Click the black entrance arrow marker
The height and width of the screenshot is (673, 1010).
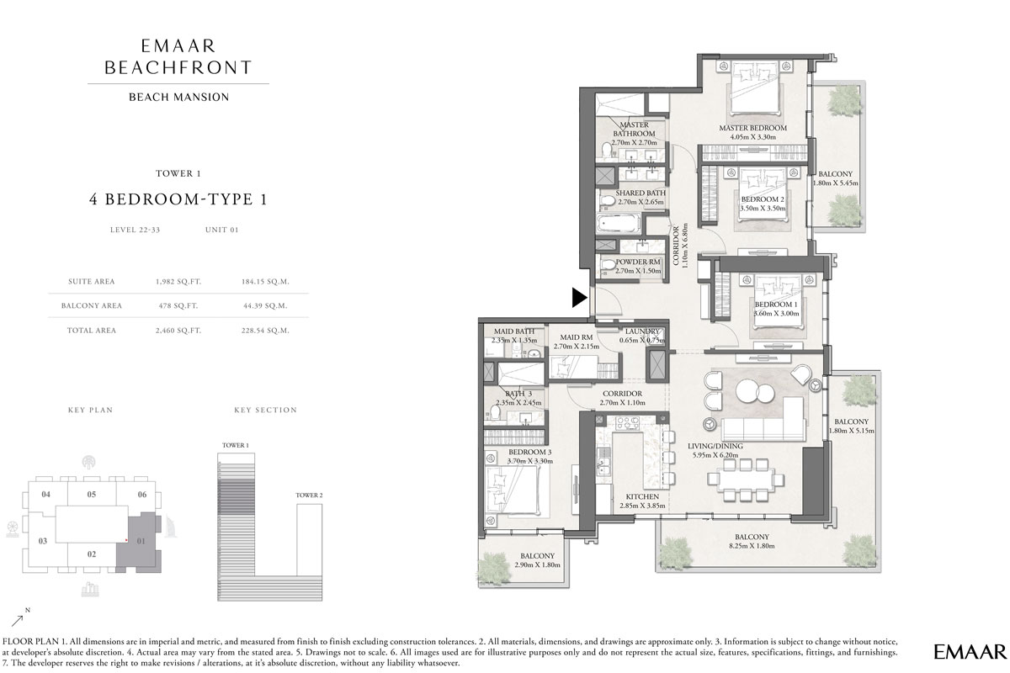[x=579, y=297]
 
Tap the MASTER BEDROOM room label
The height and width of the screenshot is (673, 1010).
[x=752, y=129]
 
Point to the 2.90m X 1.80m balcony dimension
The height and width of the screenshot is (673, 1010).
[x=537, y=566]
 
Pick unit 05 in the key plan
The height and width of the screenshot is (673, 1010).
[x=92, y=494]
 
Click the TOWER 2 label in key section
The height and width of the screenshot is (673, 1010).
[x=309, y=495]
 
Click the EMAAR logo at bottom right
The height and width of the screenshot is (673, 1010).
[x=970, y=651]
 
